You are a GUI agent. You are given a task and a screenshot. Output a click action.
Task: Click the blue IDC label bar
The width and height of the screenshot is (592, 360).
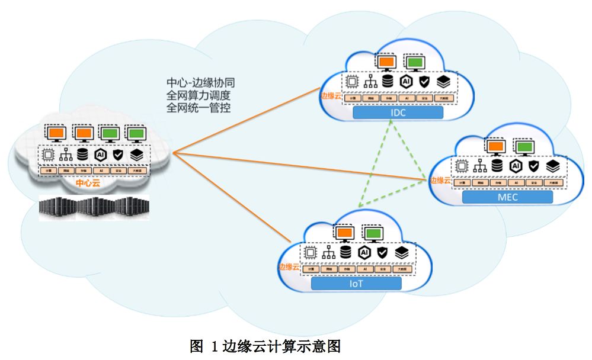398,112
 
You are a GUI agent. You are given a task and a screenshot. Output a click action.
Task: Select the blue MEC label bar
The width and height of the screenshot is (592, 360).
507,197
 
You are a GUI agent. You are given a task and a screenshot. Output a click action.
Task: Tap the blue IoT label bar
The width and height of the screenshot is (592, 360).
356,284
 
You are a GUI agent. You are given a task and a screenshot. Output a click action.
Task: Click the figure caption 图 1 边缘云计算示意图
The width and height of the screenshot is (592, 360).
265,346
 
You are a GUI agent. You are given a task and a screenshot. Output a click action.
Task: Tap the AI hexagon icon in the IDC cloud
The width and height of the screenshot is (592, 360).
406,82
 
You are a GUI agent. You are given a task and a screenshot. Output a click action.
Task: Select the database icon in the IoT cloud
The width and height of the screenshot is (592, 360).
345,252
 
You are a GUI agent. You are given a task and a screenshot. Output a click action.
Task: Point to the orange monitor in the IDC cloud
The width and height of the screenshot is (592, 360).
386,62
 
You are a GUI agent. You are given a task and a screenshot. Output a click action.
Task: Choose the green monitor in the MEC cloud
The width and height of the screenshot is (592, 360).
523,146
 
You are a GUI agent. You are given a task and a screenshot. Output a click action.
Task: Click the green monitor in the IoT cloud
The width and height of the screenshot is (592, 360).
373,233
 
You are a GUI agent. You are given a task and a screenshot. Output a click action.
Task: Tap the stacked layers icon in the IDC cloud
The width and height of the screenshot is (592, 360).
443,82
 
